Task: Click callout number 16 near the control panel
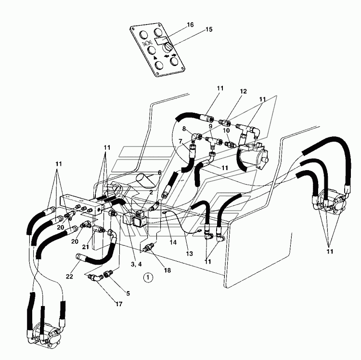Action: [190, 25]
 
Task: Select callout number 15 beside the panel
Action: [209, 29]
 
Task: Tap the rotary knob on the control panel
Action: [168, 48]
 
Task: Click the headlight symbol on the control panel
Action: [147, 42]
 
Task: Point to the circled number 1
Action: [148, 277]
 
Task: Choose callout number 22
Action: [69, 276]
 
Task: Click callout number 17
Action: [119, 304]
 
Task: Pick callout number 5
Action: [128, 293]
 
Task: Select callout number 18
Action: [168, 270]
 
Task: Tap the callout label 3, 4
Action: [136, 265]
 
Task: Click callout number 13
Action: [189, 254]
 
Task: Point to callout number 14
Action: [173, 242]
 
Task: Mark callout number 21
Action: [85, 247]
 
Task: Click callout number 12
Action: [243, 92]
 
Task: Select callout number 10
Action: [226, 131]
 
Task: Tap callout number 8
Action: [184, 129]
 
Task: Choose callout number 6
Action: [159, 173]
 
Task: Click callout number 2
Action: [151, 192]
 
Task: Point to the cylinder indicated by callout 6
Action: [145, 180]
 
